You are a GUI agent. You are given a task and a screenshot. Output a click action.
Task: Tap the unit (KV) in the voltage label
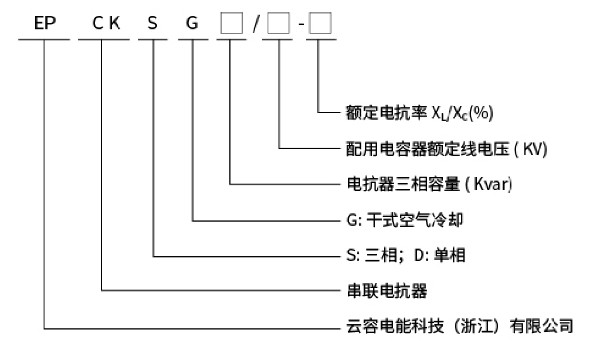coord(530,149)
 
